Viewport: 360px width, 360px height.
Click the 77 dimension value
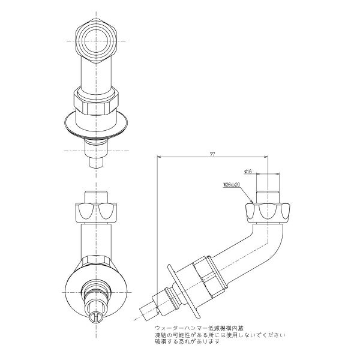pos(212,155)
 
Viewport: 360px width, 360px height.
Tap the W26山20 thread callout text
pos(231,185)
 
